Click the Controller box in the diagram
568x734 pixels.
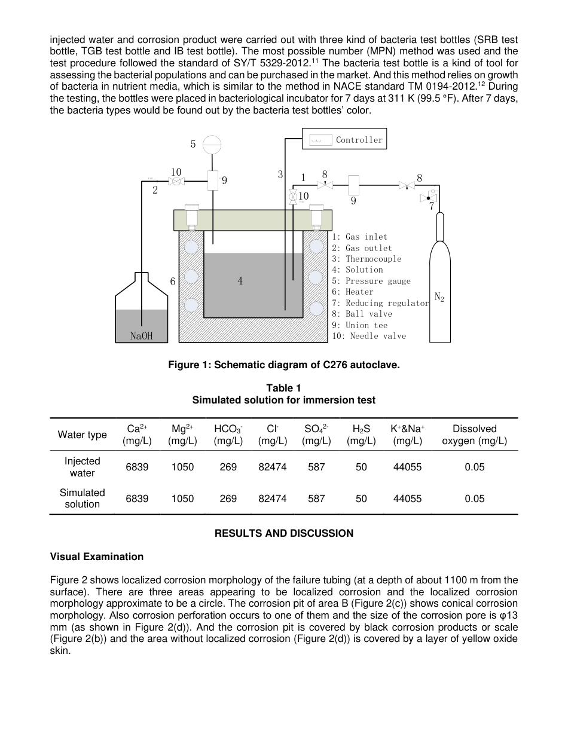[344, 139]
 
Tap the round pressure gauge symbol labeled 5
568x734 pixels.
[212, 143]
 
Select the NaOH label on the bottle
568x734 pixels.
[142, 336]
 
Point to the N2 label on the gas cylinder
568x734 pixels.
[439, 296]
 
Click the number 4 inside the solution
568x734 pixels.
[240, 281]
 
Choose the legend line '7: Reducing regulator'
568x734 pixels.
[381, 303]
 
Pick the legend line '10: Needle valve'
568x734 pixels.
[369, 336]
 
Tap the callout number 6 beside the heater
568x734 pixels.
[172, 281]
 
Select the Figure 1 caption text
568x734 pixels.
[283, 365]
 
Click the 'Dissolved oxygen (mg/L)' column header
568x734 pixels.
[474, 435]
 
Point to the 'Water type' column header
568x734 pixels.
[83, 435]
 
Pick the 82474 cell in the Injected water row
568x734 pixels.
[273, 467]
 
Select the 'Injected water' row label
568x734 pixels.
[83, 467]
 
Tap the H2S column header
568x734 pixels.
[361, 435]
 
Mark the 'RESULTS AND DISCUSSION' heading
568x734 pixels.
[283, 533]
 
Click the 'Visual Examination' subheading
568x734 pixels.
[97, 556]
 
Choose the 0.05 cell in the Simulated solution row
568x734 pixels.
[474, 498]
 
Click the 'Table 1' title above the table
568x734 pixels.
[283, 389]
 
